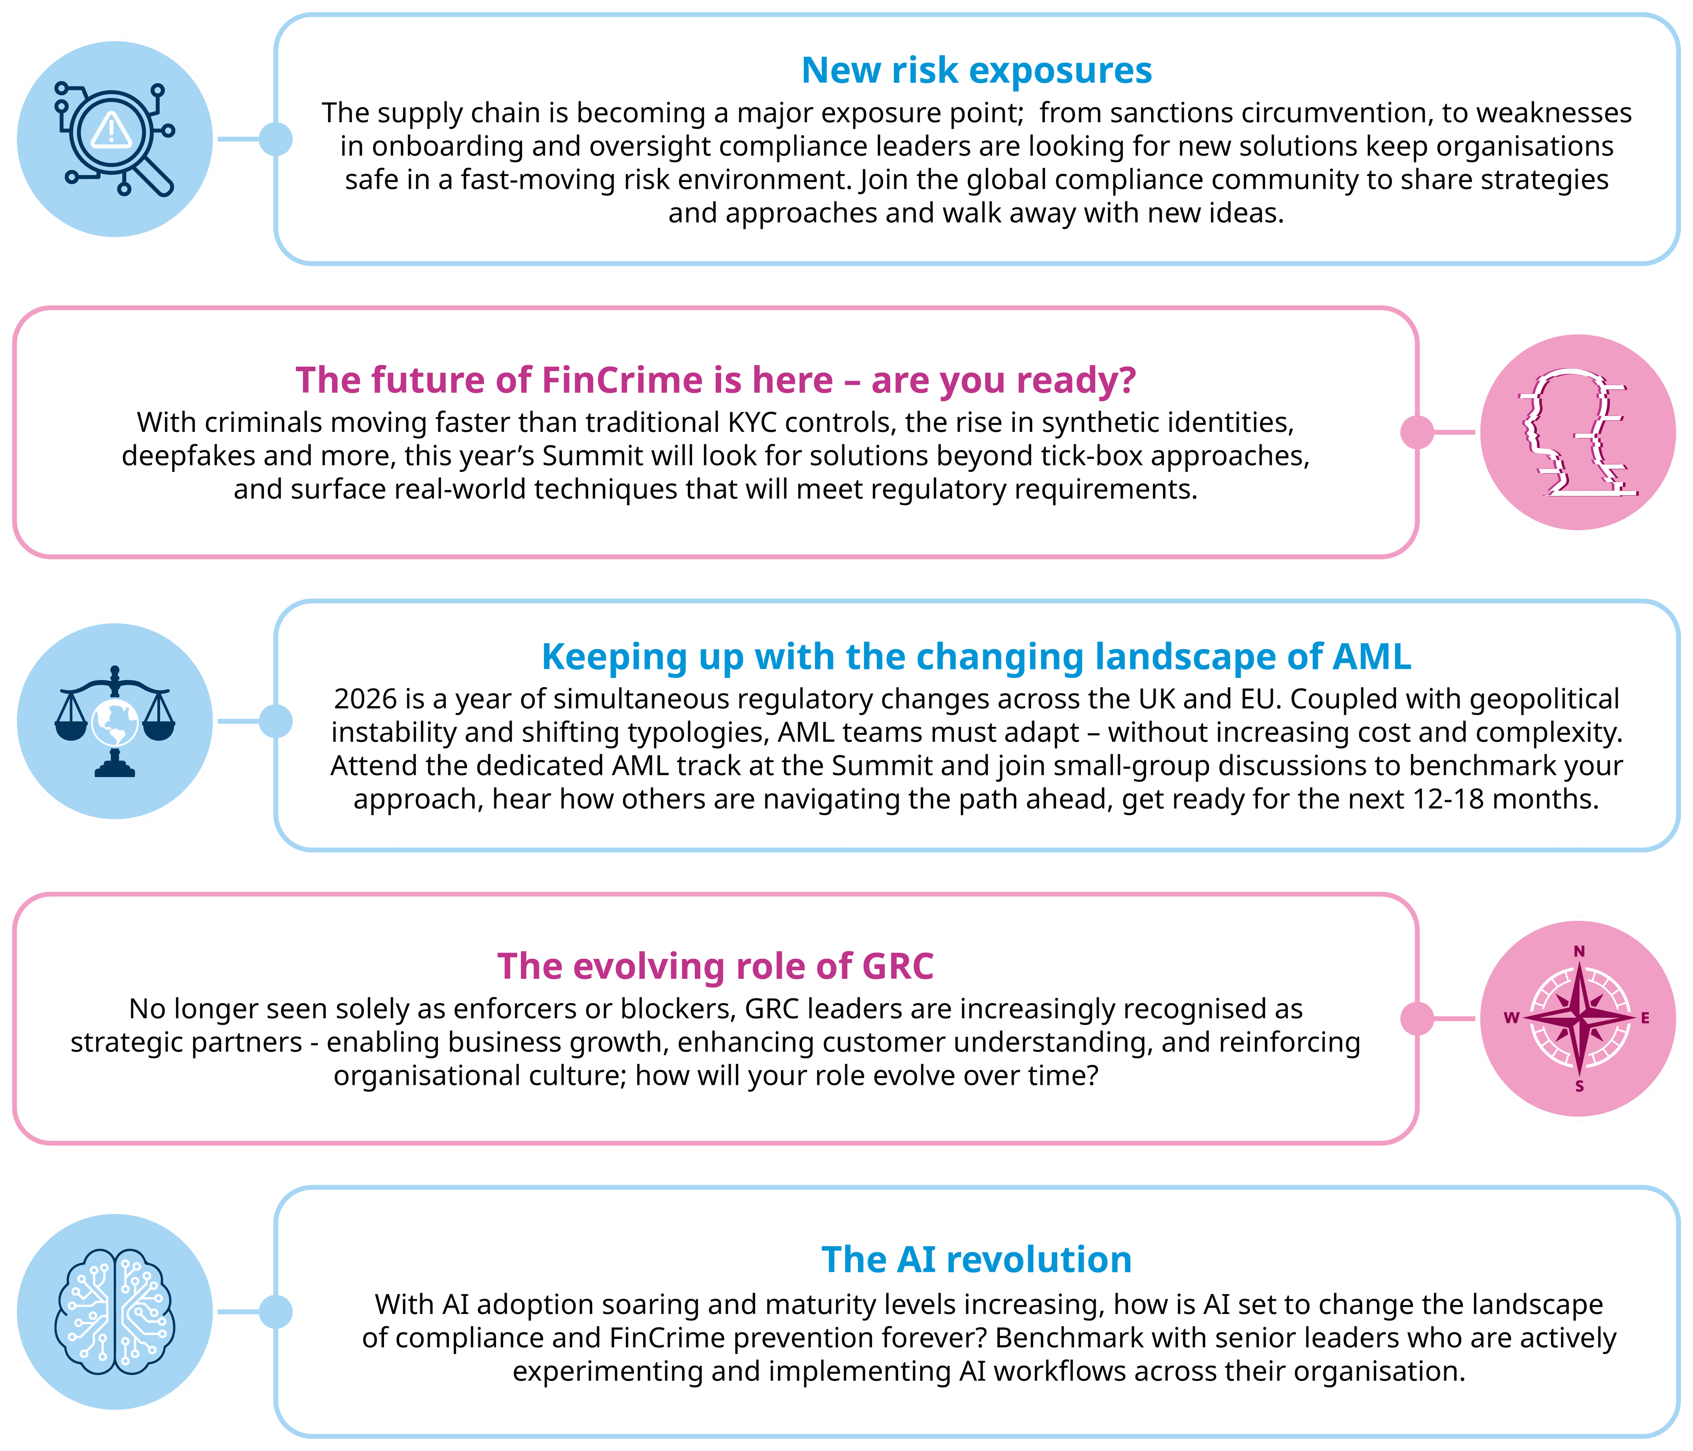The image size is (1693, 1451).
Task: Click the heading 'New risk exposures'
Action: pos(977,70)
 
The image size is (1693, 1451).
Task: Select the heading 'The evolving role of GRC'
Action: pos(715,966)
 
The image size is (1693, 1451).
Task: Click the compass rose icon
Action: pos(1579,1019)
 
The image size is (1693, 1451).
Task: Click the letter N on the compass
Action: pos(1579,951)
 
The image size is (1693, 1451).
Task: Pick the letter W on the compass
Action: pos(1512,1018)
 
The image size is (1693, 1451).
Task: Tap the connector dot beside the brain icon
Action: pos(276,1312)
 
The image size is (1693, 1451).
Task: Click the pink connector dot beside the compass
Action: pos(1417,1019)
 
